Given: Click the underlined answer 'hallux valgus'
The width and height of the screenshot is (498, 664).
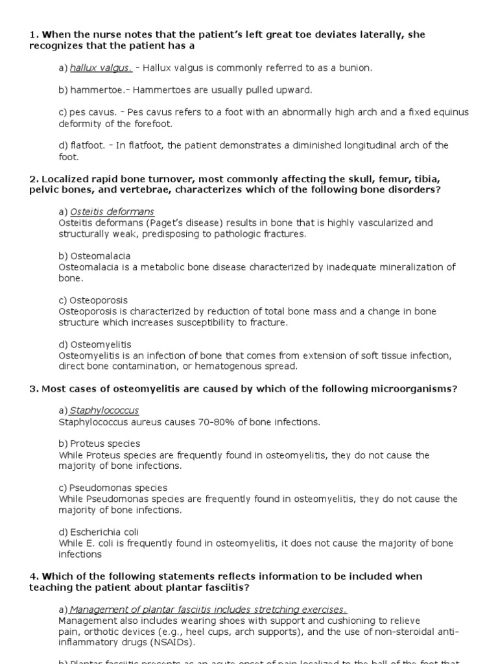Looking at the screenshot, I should [x=101, y=67].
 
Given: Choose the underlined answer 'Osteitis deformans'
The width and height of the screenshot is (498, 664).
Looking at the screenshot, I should [x=112, y=212].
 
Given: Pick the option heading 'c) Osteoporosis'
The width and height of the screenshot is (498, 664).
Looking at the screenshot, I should [x=93, y=300].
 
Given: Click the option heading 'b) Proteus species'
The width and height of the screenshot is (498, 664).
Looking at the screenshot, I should [x=99, y=444].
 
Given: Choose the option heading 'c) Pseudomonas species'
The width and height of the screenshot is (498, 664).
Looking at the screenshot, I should [x=113, y=488].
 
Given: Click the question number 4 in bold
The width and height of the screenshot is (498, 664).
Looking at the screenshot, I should [x=32, y=576].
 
